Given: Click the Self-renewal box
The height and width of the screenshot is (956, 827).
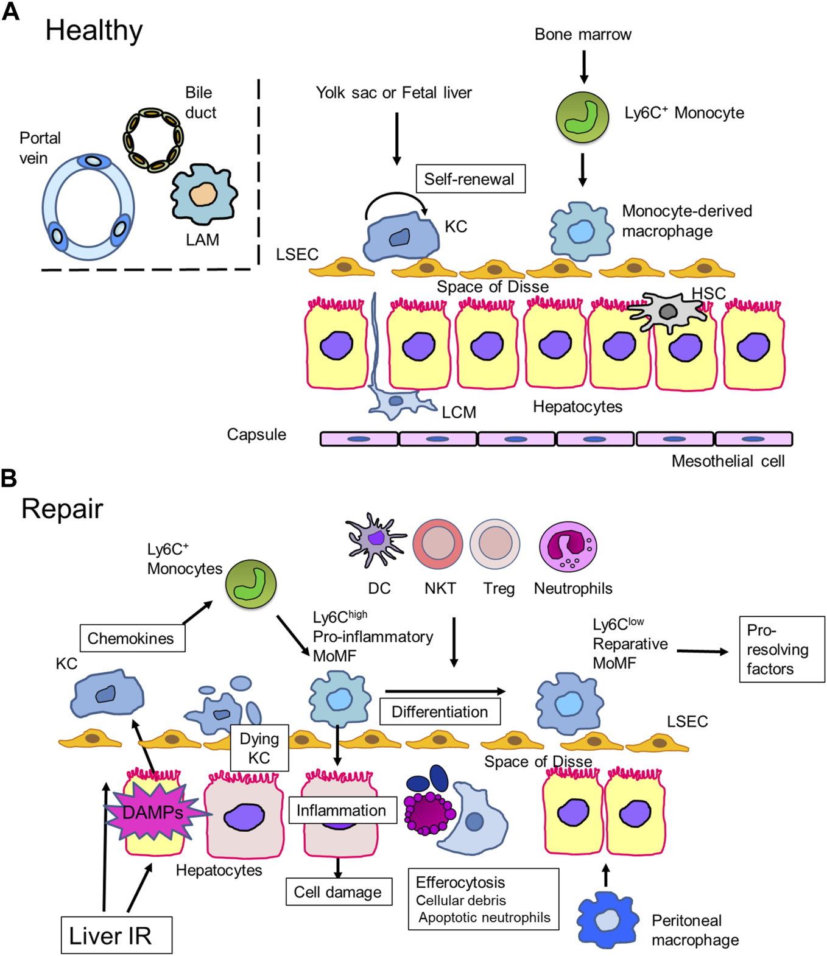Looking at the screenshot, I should [x=470, y=179].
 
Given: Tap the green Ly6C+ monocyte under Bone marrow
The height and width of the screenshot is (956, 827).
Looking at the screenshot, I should [x=582, y=117].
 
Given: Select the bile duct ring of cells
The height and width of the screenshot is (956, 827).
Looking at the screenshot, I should [x=153, y=139].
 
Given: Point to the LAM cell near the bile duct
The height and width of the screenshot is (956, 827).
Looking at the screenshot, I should [x=203, y=194].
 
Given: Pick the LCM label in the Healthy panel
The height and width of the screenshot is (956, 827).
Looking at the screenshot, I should [x=459, y=412].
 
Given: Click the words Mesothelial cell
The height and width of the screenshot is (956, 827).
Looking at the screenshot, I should [x=728, y=462].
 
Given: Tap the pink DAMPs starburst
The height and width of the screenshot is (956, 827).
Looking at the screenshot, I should [x=154, y=813].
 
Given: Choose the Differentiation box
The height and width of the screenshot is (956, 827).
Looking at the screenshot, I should [x=440, y=712].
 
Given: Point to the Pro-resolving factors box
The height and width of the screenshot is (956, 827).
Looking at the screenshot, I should [x=781, y=649].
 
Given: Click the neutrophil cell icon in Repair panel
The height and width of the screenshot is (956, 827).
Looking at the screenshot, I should [x=568, y=546].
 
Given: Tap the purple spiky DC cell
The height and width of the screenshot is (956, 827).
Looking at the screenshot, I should [x=375, y=540].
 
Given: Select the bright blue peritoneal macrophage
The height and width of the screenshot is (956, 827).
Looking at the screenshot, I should [x=607, y=920].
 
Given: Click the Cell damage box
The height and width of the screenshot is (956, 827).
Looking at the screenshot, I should [x=339, y=892].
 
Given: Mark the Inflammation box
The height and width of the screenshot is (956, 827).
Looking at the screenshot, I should [x=342, y=810].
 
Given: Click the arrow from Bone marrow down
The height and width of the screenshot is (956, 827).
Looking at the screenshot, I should [x=583, y=66].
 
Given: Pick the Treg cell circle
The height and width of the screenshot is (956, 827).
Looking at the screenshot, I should [x=494, y=544].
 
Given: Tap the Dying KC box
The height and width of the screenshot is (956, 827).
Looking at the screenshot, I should [x=259, y=748].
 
